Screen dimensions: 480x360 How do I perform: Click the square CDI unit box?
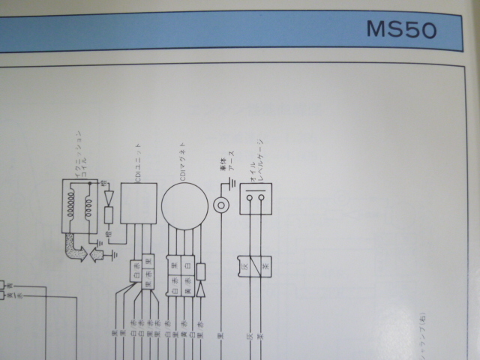coord(139,205)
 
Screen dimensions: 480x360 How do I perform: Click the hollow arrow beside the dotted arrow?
coord(96,256)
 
